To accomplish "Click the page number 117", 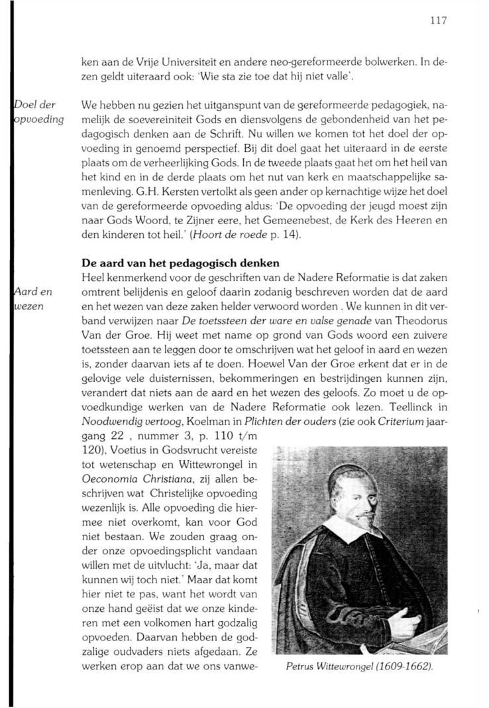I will click(x=439, y=21).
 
